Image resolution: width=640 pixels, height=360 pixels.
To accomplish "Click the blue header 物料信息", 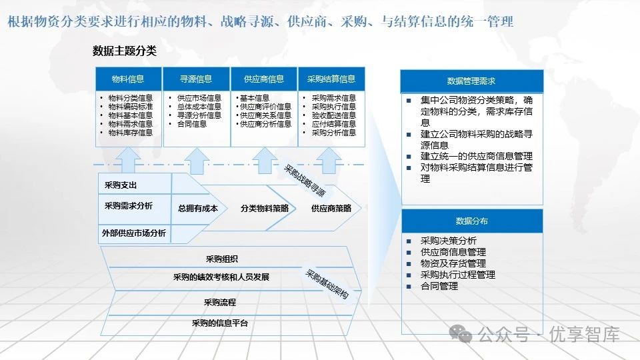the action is [128, 79].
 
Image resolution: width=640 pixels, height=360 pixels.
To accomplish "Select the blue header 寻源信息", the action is [195, 79].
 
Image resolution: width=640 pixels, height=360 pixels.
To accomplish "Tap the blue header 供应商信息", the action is [264, 79].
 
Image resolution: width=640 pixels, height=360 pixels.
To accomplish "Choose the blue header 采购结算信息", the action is [331, 79].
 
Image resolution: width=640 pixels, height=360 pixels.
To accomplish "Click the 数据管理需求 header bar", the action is [471, 81].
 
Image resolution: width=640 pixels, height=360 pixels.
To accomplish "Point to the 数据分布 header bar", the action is [471, 221].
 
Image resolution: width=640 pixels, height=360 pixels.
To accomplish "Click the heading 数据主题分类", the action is [125, 51].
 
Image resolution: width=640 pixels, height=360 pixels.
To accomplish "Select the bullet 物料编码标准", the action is [131, 107].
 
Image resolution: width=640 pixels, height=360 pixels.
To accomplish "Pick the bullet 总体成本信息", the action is [199, 107].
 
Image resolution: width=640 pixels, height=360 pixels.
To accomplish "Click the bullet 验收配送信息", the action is [333, 115].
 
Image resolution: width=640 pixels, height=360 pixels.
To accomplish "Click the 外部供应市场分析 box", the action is [134, 233].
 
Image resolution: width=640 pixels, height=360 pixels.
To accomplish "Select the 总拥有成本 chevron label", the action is [198, 208].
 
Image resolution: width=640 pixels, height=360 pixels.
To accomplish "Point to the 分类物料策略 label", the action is [265, 208].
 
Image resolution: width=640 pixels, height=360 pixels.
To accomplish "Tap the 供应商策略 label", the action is [331, 208].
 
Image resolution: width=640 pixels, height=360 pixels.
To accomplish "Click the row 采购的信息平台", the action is [219, 323].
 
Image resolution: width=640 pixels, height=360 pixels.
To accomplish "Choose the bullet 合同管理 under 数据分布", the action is [439, 286].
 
